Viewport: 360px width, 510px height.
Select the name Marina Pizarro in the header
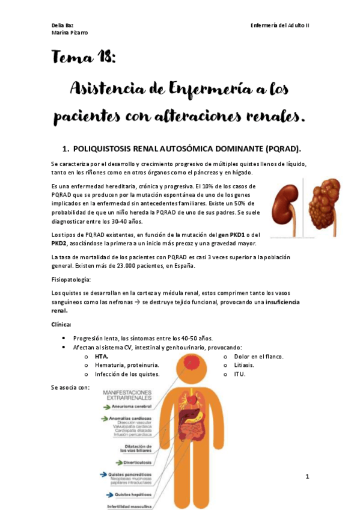[70, 32]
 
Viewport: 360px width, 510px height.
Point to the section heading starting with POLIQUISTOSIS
[186, 149]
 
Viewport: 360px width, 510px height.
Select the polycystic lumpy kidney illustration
[329, 204]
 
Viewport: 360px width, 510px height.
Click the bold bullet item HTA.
[101, 356]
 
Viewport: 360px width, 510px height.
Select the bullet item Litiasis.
[243, 365]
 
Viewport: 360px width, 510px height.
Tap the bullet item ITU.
[239, 374]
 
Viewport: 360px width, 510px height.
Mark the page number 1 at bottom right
[307, 477]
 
